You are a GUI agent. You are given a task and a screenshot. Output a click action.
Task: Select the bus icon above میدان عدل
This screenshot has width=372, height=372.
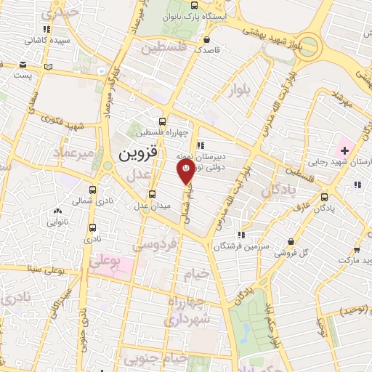tap(152, 194)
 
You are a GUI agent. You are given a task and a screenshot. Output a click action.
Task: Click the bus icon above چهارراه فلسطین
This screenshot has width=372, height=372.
tap(162, 122)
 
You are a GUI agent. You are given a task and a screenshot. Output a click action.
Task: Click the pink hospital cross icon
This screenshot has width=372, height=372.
tap(345, 150)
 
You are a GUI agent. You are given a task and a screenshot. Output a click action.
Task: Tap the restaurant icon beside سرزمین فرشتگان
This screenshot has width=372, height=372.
tap(241, 235)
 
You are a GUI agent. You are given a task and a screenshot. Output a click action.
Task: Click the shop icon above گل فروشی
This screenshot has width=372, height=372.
tap(291, 241)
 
